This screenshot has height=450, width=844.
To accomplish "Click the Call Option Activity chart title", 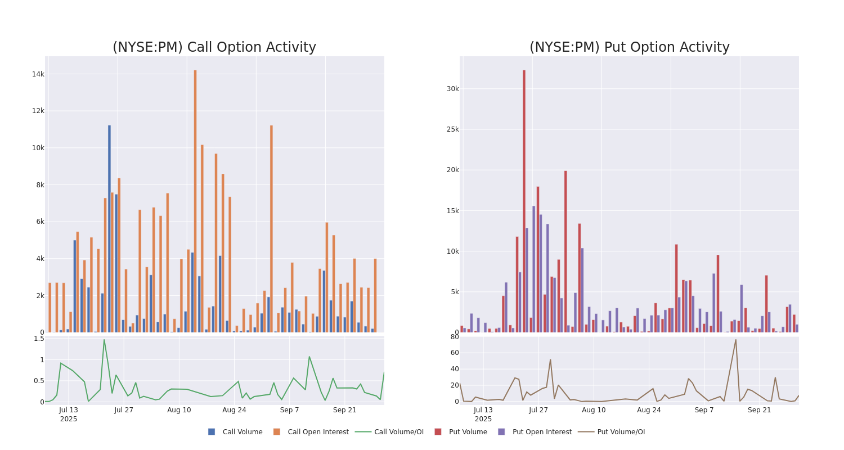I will [214, 47].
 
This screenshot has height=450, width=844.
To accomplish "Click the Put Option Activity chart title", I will [629, 47].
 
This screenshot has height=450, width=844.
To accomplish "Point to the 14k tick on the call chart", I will [38, 74].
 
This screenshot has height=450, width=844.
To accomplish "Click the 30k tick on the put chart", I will [452, 88].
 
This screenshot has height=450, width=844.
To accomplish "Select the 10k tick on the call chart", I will [38, 147].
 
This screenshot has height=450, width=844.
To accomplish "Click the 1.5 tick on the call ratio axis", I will [38, 339].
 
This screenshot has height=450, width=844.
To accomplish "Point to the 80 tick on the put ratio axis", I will [454, 337].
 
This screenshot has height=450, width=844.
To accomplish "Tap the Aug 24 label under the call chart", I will [234, 410].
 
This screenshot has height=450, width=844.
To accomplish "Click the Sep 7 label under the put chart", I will [704, 410].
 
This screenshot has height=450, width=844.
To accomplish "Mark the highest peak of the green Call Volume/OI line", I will [104, 339].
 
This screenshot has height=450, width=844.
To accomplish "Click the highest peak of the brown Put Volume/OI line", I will [735, 339].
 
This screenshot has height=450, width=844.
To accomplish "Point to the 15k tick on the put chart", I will [452, 210].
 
